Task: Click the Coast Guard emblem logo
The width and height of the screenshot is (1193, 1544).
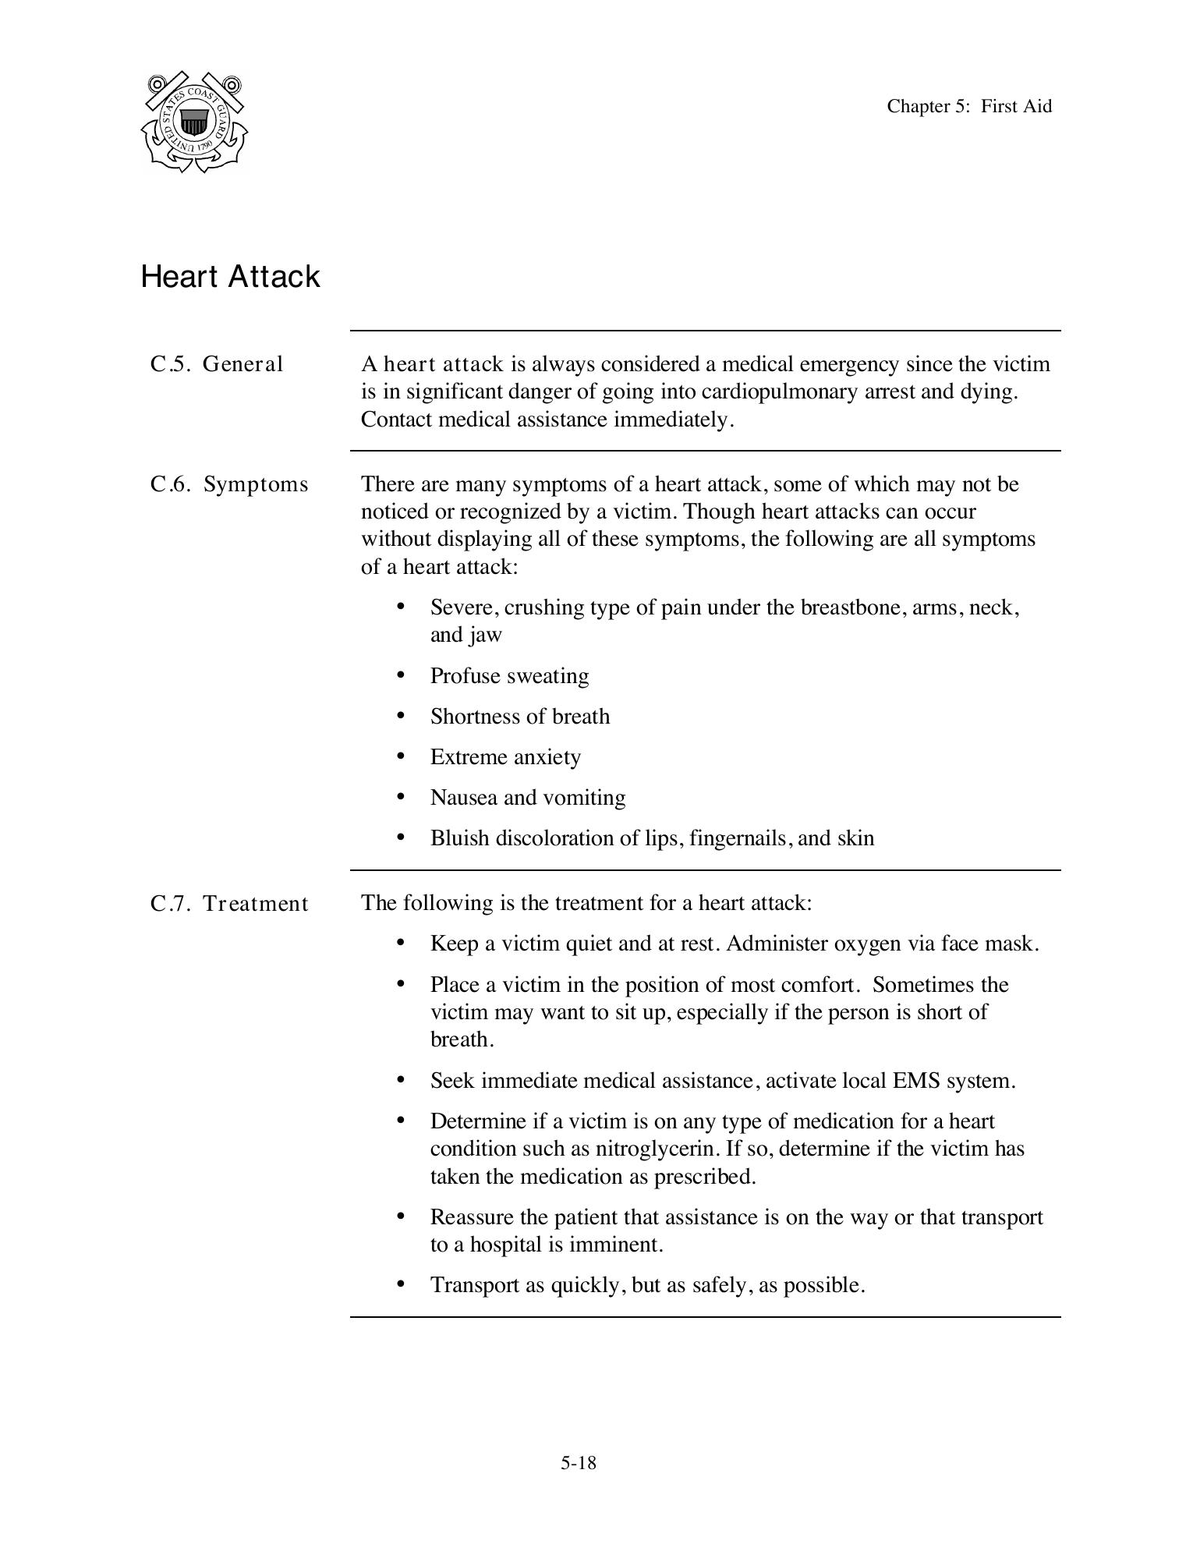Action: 194,122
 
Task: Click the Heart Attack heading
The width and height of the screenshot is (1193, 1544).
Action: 230,277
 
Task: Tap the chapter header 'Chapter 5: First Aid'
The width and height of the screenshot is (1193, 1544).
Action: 968,106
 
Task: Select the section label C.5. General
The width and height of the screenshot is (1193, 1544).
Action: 217,364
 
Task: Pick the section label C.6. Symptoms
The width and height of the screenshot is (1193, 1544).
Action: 229,484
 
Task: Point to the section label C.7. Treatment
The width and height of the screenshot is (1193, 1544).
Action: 229,904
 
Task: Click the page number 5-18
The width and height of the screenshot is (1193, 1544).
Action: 578,1463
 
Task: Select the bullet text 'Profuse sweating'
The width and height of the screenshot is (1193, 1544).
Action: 509,675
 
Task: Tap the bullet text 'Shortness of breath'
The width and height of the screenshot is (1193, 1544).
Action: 519,716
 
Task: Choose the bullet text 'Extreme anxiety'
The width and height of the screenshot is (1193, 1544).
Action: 505,757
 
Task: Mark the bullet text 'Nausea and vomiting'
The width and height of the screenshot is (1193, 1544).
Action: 527,798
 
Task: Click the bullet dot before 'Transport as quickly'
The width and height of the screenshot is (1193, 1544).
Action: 401,1284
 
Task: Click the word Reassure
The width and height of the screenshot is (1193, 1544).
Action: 473,1217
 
